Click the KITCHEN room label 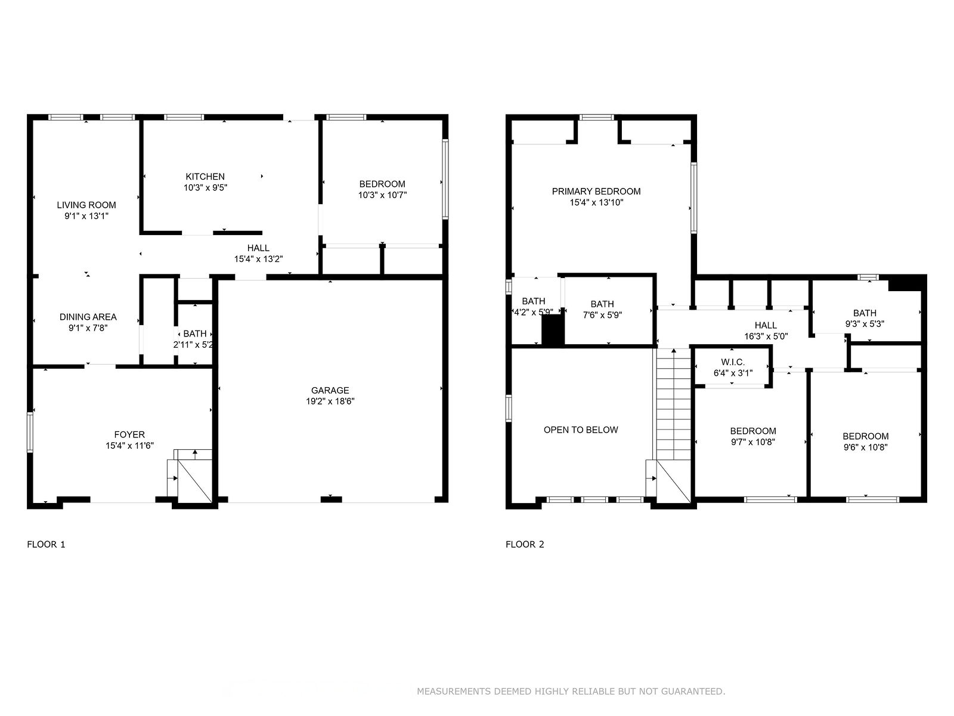click(205, 177)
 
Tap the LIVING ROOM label click(86, 205)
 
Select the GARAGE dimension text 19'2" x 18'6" click(330, 401)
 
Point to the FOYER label click(129, 434)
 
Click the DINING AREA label click(88, 317)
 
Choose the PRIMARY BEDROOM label click(596, 192)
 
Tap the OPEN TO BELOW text click(581, 430)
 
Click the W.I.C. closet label click(733, 362)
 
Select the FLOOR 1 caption click(46, 544)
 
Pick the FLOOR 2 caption click(525, 544)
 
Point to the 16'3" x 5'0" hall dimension click(766, 336)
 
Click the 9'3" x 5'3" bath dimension click(865, 324)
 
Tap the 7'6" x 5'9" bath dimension click(602, 315)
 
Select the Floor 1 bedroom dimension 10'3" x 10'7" click(382, 195)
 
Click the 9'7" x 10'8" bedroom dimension click(753, 442)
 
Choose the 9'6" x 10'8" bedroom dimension click(865, 447)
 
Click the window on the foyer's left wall click(30, 432)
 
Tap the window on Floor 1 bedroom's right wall click(445, 178)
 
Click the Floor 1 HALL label click(258, 248)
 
